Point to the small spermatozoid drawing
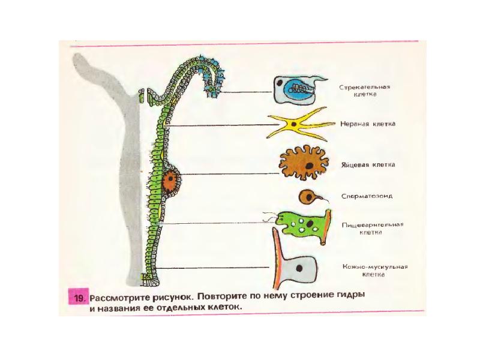pos(308,196)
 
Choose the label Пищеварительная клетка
pos(372,229)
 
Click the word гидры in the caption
pos(350,296)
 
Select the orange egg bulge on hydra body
pos(170,179)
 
